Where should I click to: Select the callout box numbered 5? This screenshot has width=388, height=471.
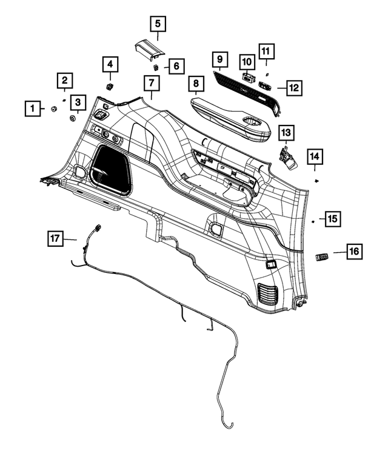158,25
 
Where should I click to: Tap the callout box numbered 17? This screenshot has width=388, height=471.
55,238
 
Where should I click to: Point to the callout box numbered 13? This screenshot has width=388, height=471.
286,133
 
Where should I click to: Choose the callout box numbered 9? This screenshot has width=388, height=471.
219,60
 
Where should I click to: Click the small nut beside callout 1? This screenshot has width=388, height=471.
53,109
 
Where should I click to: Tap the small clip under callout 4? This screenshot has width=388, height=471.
110,87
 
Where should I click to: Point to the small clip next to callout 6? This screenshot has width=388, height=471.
156,66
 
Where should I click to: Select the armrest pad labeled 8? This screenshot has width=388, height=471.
230,116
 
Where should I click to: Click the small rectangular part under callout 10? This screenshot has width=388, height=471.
247,76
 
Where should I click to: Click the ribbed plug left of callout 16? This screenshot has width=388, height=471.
323,257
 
